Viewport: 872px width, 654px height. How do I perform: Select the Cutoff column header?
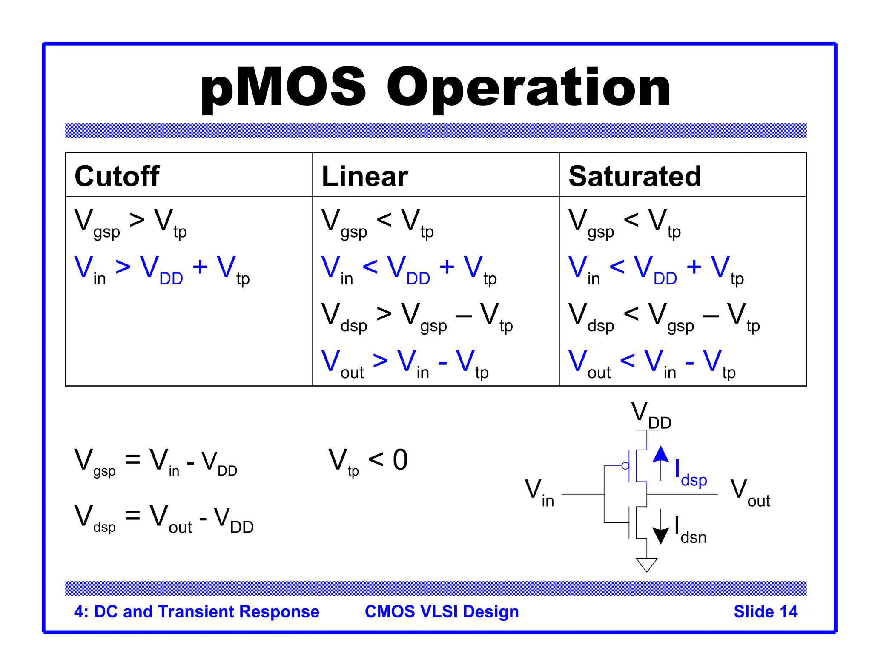[x=117, y=176]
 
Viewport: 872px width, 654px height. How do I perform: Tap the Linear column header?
[x=365, y=176]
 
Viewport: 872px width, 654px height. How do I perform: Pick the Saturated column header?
[x=635, y=176]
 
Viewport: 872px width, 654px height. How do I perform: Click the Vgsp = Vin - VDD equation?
[x=155, y=462]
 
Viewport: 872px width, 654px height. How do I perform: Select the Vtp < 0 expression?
[x=368, y=462]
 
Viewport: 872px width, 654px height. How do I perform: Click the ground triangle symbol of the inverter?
[x=646, y=565]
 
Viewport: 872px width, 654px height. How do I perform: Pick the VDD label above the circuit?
[x=651, y=416]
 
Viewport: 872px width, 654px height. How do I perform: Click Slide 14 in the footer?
[x=765, y=611]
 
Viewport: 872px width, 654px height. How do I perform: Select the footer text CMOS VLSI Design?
[x=442, y=611]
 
